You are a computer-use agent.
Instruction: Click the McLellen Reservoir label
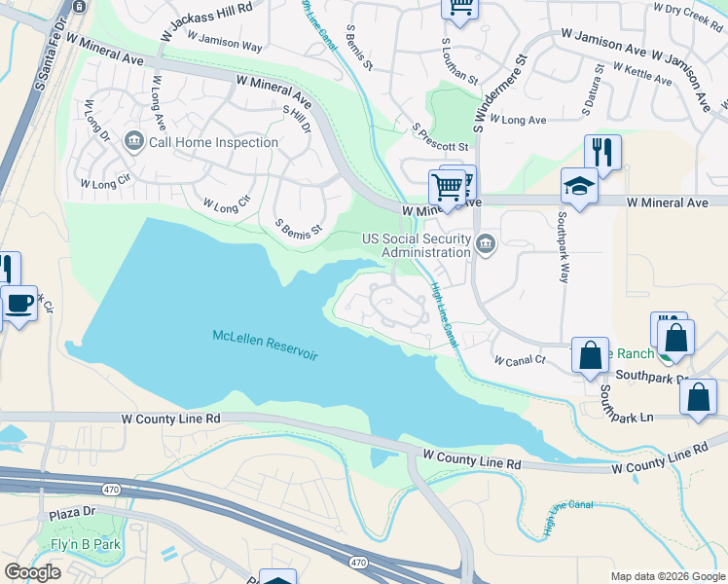(265, 345)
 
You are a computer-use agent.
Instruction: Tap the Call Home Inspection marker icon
(134, 143)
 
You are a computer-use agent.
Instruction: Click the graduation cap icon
(579, 187)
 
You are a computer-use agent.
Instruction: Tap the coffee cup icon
(18, 304)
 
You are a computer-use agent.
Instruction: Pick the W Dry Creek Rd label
(692, 9)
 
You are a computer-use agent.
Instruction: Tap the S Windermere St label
(500, 94)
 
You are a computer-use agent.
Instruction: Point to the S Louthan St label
(460, 61)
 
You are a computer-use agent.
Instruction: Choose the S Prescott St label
(440, 137)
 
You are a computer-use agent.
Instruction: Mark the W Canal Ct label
(519, 360)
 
